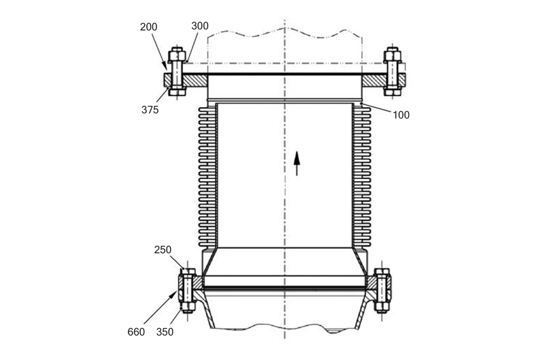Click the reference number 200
pyautogui.click(x=148, y=27)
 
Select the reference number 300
pyautogui.click(x=200, y=26)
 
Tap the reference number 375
pyautogui.click(x=150, y=110)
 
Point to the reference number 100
pyautogui.click(x=401, y=115)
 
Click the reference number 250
pyautogui.click(x=163, y=250)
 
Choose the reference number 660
pyautogui.click(x=136, y=332)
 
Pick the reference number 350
pyautogui.click(x=165, y=332)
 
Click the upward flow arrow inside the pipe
pyautogui.click(x=297, y=163)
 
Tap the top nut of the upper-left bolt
pyautogui.click(x=177, y=54)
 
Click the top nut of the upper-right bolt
pyautogui.click(x=392, y=54)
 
